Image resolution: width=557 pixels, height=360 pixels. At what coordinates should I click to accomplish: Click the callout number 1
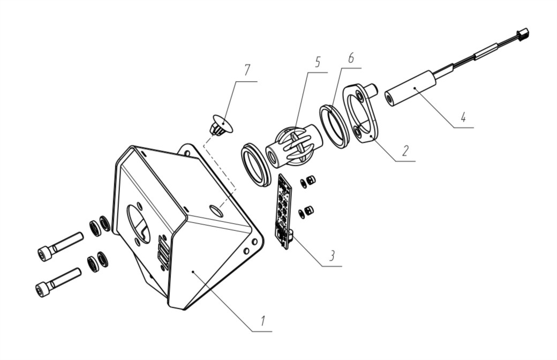pos(262,321)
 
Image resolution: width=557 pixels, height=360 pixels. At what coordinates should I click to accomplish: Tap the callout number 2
pos(405,151)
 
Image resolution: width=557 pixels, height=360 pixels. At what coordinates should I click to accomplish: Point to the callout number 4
pos(463,117)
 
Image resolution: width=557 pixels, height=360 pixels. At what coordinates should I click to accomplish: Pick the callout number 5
pos(317,62)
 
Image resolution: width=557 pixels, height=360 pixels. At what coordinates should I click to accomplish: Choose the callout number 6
pos(351,57)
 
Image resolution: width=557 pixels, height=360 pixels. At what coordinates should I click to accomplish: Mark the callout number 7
pos(247,70)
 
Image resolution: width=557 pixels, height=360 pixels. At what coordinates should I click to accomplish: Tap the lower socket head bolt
pos(58,282)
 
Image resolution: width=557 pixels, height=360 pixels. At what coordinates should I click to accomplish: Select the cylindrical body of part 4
pos(410,89)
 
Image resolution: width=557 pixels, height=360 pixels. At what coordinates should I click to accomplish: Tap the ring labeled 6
pos(334,126)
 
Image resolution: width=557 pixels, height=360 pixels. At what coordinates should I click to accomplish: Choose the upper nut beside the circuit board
pos(311,180)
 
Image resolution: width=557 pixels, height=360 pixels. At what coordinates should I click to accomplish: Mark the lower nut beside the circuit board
pos(308,210)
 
